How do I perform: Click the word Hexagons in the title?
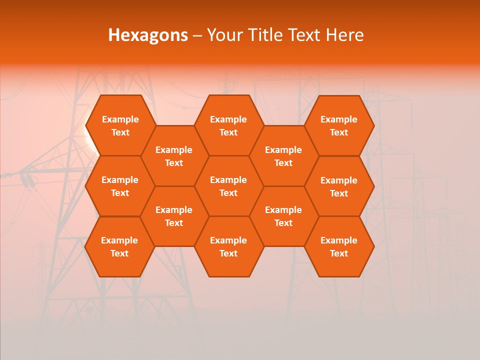(x=148, y=35)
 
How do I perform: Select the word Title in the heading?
(x=265, y=35)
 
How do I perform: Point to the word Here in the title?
(x=344, y=35)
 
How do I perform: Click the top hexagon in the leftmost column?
(x=120, y=125)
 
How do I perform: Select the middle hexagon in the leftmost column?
(x=120, y=186)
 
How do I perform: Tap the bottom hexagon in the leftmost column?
(x=119, y=246)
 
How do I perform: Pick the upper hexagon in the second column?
(x=174, y=156)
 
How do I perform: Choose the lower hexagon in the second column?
(x=174, y=216)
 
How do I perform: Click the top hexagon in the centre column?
(x=228, y=125)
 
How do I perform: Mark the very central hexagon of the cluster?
(x=228, y=186)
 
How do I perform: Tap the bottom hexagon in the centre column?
(x=228, y=246)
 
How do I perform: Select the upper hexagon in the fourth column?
(x=283, y=156)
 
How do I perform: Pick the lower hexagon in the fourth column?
(x=283, y=216)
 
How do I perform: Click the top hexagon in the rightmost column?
(x=339, y=125)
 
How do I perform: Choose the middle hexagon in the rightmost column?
(x=339, y=186)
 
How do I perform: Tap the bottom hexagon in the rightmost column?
(x=339, y=246)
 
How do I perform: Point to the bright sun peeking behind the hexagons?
(x=89, y=143)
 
